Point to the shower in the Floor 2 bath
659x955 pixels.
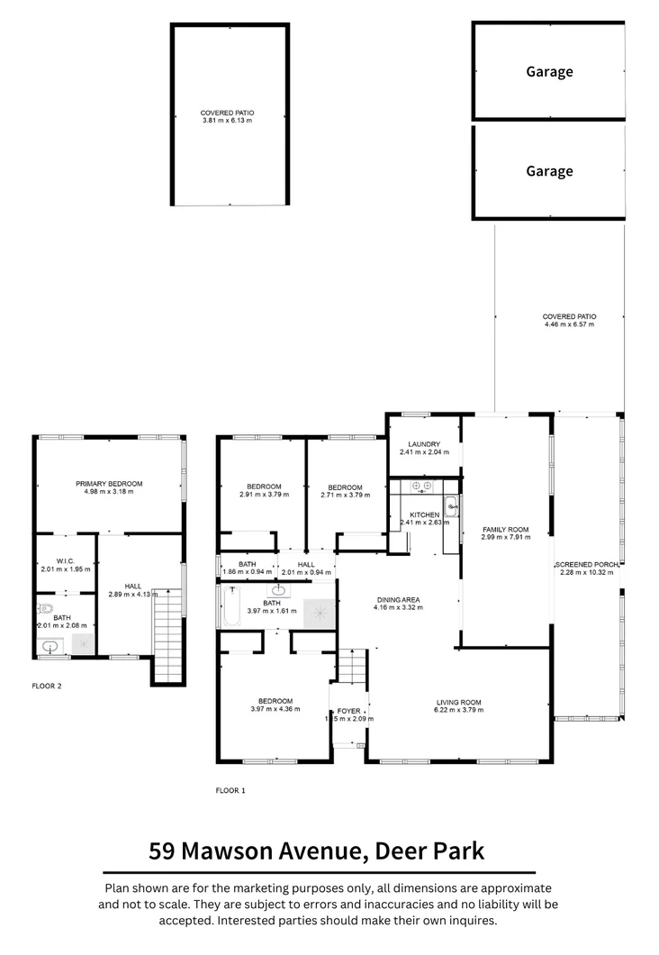82,644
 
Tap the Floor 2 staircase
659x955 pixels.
167,637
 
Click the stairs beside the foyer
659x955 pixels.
351,669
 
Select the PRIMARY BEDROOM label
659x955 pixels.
109,484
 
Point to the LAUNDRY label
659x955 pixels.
423,444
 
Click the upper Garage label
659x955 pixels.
549,71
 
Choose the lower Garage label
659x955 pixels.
549,171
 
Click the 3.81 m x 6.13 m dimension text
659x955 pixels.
227,120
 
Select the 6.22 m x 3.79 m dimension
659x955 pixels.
460,710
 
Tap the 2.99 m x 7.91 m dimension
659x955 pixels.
505,537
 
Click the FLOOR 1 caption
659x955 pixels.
230,790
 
